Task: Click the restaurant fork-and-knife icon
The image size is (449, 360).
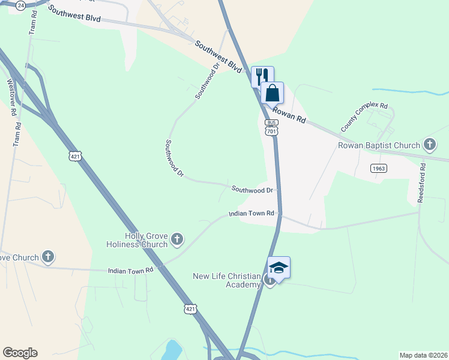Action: tap(262, 76)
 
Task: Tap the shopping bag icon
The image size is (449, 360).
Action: tap(272, 93)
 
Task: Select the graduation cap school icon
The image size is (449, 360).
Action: tap(279, 267)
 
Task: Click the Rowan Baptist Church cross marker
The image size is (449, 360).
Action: tap(429, 145)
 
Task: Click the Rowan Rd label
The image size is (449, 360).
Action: tap(289, 115)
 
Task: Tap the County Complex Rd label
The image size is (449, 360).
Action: tap(364, 117)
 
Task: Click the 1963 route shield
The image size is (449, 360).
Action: tap(378, 169)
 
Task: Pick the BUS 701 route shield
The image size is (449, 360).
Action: tap(271, 127)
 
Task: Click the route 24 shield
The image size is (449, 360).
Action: tap(21, 5)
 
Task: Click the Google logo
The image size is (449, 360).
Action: tap(20, 353)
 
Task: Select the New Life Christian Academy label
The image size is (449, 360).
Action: tap(225, 281)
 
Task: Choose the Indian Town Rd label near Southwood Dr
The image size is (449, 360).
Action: tap(251, 214)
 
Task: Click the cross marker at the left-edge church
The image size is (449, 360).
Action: tap(49, 257)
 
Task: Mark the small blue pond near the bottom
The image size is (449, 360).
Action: tap(172, 349)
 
